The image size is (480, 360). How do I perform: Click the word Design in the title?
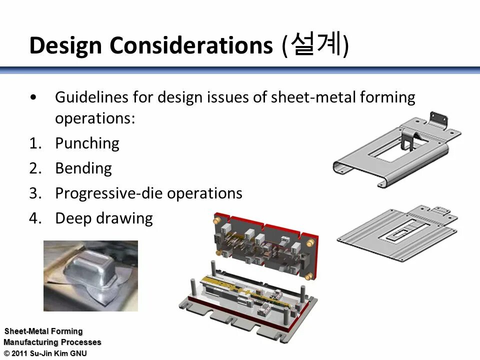66,45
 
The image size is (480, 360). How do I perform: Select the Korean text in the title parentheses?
316,44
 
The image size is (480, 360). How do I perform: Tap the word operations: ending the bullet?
95,119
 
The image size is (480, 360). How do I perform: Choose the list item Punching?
87,143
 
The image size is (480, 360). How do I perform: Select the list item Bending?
83,168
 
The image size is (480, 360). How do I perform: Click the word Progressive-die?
108,193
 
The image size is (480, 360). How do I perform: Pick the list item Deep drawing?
103,218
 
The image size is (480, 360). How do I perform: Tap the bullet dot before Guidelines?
33,97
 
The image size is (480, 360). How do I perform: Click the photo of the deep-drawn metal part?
90,275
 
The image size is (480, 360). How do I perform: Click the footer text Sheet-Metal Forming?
43,331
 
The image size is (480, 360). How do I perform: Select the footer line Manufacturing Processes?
52,342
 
